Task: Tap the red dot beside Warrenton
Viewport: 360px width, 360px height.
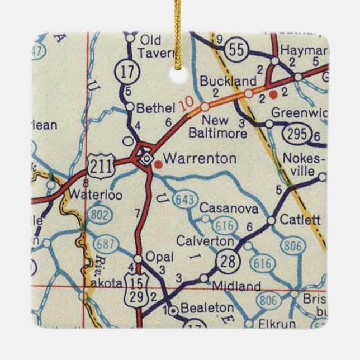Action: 159,164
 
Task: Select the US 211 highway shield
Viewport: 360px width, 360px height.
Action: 101,165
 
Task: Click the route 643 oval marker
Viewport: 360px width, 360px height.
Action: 184,198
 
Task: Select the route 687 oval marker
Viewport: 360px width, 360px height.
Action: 107,244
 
